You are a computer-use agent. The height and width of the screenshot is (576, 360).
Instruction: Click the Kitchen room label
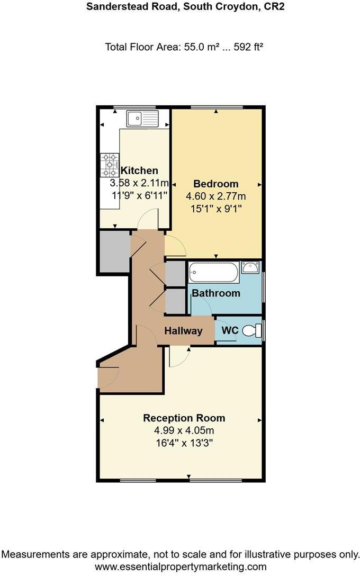(x=139, y=170)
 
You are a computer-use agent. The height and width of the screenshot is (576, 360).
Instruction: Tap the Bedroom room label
(x=215, y=184)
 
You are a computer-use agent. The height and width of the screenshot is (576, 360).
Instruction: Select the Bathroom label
(x=215, y=293)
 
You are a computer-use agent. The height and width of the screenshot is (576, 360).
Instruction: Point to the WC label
(x=229, y=330)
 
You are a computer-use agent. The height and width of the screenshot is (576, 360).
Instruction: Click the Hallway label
(x=183, y=331)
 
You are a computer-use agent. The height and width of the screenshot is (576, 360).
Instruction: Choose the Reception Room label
(x=184, y=418)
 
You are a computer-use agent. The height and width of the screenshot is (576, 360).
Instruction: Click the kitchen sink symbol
(x=142, y=118)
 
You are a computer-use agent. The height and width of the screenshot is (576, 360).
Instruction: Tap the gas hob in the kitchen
(x=110, y=165)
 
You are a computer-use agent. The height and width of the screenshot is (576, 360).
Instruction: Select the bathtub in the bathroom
(x=212, y=273)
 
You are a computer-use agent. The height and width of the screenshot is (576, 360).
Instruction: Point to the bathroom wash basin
(x=249, y=267)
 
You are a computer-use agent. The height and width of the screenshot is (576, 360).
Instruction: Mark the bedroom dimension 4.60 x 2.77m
(x=215, y=196)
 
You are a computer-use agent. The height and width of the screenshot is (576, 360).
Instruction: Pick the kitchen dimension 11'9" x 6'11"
(x=139, y=195)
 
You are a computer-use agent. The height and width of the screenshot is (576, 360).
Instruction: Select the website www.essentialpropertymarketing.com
(x=180, y=566)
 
